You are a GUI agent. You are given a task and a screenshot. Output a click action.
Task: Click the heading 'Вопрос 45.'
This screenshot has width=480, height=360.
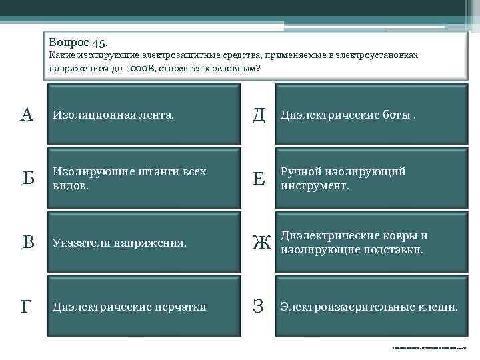pos(79,42)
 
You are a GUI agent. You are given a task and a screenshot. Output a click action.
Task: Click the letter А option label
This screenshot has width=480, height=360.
pos(27,114)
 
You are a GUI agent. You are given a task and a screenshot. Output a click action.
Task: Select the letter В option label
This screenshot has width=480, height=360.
pos(28,243)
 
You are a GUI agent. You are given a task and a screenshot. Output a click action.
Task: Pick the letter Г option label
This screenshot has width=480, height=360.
pos(26,307)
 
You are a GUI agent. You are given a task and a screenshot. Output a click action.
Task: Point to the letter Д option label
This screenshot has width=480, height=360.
pos(259,115)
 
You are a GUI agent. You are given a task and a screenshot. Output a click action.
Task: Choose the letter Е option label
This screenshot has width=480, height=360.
pos(259,178)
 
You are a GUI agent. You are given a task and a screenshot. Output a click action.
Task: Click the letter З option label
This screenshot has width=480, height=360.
pos(259,307)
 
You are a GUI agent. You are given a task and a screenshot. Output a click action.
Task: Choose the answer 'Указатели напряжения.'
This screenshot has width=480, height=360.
pos(119,243)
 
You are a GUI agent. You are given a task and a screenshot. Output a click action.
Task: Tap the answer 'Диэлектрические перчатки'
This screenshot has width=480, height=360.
pos(129,307)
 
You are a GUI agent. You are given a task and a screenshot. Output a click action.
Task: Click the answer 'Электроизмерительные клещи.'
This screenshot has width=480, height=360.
pos(369,307)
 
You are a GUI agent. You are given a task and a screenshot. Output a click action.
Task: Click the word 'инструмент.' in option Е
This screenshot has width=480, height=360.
pos(315,185)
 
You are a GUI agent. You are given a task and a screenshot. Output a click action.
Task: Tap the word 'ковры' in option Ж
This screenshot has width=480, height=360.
pos(403,236)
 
